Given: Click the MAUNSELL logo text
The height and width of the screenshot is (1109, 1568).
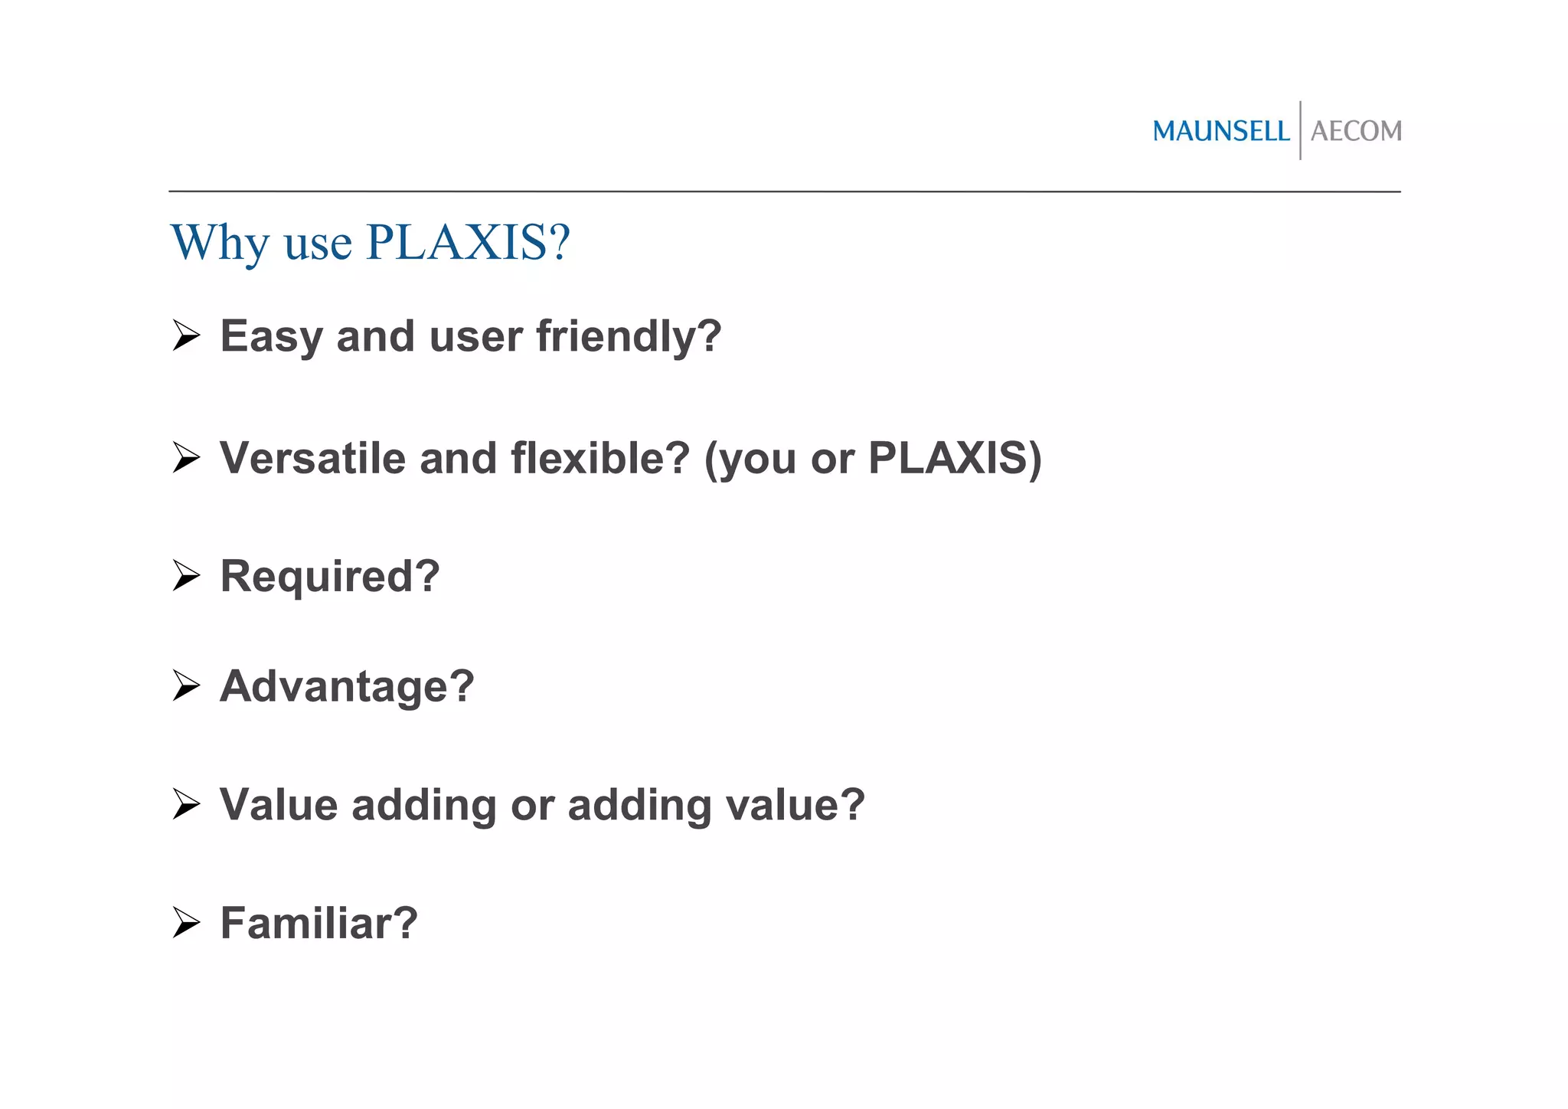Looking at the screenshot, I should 1220,132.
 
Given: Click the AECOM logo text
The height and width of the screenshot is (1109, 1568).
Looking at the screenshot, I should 1356,132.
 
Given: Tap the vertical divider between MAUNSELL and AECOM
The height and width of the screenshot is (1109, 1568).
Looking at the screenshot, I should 1300,130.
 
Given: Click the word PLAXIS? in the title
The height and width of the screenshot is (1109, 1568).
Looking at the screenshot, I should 469,243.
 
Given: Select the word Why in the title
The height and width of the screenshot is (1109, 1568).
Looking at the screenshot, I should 220,244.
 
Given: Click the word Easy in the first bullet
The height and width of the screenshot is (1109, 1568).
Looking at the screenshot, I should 270,338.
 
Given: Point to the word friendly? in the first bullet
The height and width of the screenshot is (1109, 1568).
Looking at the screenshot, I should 629,338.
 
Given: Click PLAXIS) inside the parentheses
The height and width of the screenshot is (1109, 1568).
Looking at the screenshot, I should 955,459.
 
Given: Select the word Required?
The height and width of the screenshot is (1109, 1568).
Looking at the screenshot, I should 330,577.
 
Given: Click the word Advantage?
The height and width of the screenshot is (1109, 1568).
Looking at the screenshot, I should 347,687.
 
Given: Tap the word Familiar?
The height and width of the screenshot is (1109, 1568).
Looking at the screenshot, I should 318,924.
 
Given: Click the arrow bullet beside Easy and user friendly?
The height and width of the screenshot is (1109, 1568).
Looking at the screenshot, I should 186,336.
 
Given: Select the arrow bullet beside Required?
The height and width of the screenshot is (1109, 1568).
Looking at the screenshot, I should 186,576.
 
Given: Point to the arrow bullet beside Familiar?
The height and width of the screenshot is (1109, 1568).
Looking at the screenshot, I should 186,923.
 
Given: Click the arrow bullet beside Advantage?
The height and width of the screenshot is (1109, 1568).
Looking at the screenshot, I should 186,685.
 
